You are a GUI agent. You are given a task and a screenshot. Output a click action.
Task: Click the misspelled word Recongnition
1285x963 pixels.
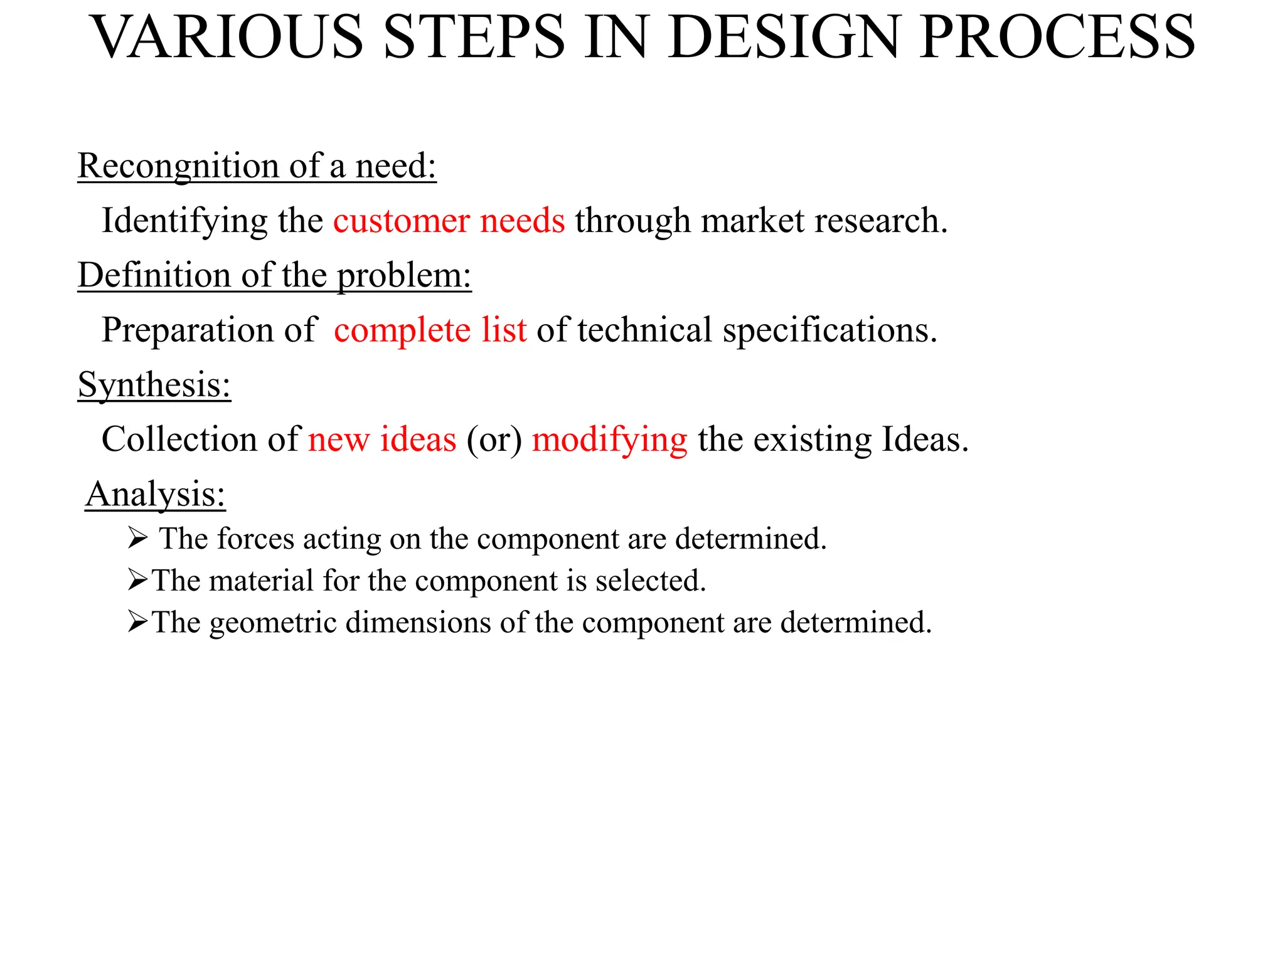point(178,166)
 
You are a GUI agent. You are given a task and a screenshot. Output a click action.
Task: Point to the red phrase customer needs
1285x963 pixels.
point(449,221)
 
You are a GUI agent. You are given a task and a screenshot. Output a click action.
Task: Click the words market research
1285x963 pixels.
point(824,221)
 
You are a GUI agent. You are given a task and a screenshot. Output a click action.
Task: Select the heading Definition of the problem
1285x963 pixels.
point(274,275)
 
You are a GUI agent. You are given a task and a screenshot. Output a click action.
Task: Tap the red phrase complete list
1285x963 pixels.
point(430,330)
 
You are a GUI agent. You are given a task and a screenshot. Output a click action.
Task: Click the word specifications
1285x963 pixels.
point(829,330)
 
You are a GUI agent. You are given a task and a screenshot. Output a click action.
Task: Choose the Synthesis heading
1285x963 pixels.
point(154,384)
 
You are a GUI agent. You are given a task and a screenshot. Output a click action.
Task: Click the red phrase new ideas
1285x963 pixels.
point(382,439)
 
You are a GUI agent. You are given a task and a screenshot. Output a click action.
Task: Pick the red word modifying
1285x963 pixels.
point(609,440)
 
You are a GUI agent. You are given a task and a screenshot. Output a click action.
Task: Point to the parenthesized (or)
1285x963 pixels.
point(494,439)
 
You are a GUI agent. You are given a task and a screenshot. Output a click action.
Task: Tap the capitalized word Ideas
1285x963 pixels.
point(925,439)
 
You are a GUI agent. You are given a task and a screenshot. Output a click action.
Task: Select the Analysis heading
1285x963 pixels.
point(155,494)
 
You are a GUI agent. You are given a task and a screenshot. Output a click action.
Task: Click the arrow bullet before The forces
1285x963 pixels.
point(137,538)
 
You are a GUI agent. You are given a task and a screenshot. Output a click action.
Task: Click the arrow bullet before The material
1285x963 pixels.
point(137,580)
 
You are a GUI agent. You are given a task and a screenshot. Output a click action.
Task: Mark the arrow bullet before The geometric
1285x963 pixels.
point(137,622)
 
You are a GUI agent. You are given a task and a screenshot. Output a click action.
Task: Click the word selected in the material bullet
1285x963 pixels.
point(651,581)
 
